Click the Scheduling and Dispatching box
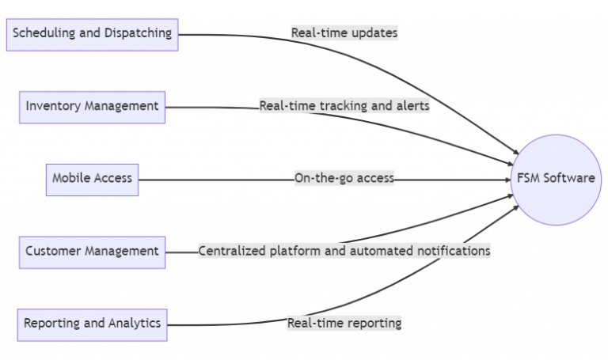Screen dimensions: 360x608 (92, 34)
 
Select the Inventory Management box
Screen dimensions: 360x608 (92, 106)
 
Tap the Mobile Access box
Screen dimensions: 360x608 (92, 179)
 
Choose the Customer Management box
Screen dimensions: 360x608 (92, 252)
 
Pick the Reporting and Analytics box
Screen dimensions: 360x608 (92, 324)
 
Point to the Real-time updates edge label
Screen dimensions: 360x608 (344, 33)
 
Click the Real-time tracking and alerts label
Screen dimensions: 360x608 (344, 106)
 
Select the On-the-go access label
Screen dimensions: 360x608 (344, 179)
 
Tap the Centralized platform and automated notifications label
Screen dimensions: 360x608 (344, 251)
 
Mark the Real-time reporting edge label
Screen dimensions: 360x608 (344, 323)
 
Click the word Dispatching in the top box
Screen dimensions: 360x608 (139, 33)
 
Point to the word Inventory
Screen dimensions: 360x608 (52, 106)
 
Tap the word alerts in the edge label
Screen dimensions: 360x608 (412, 106)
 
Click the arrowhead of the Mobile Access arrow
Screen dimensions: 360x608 (507, 179)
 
